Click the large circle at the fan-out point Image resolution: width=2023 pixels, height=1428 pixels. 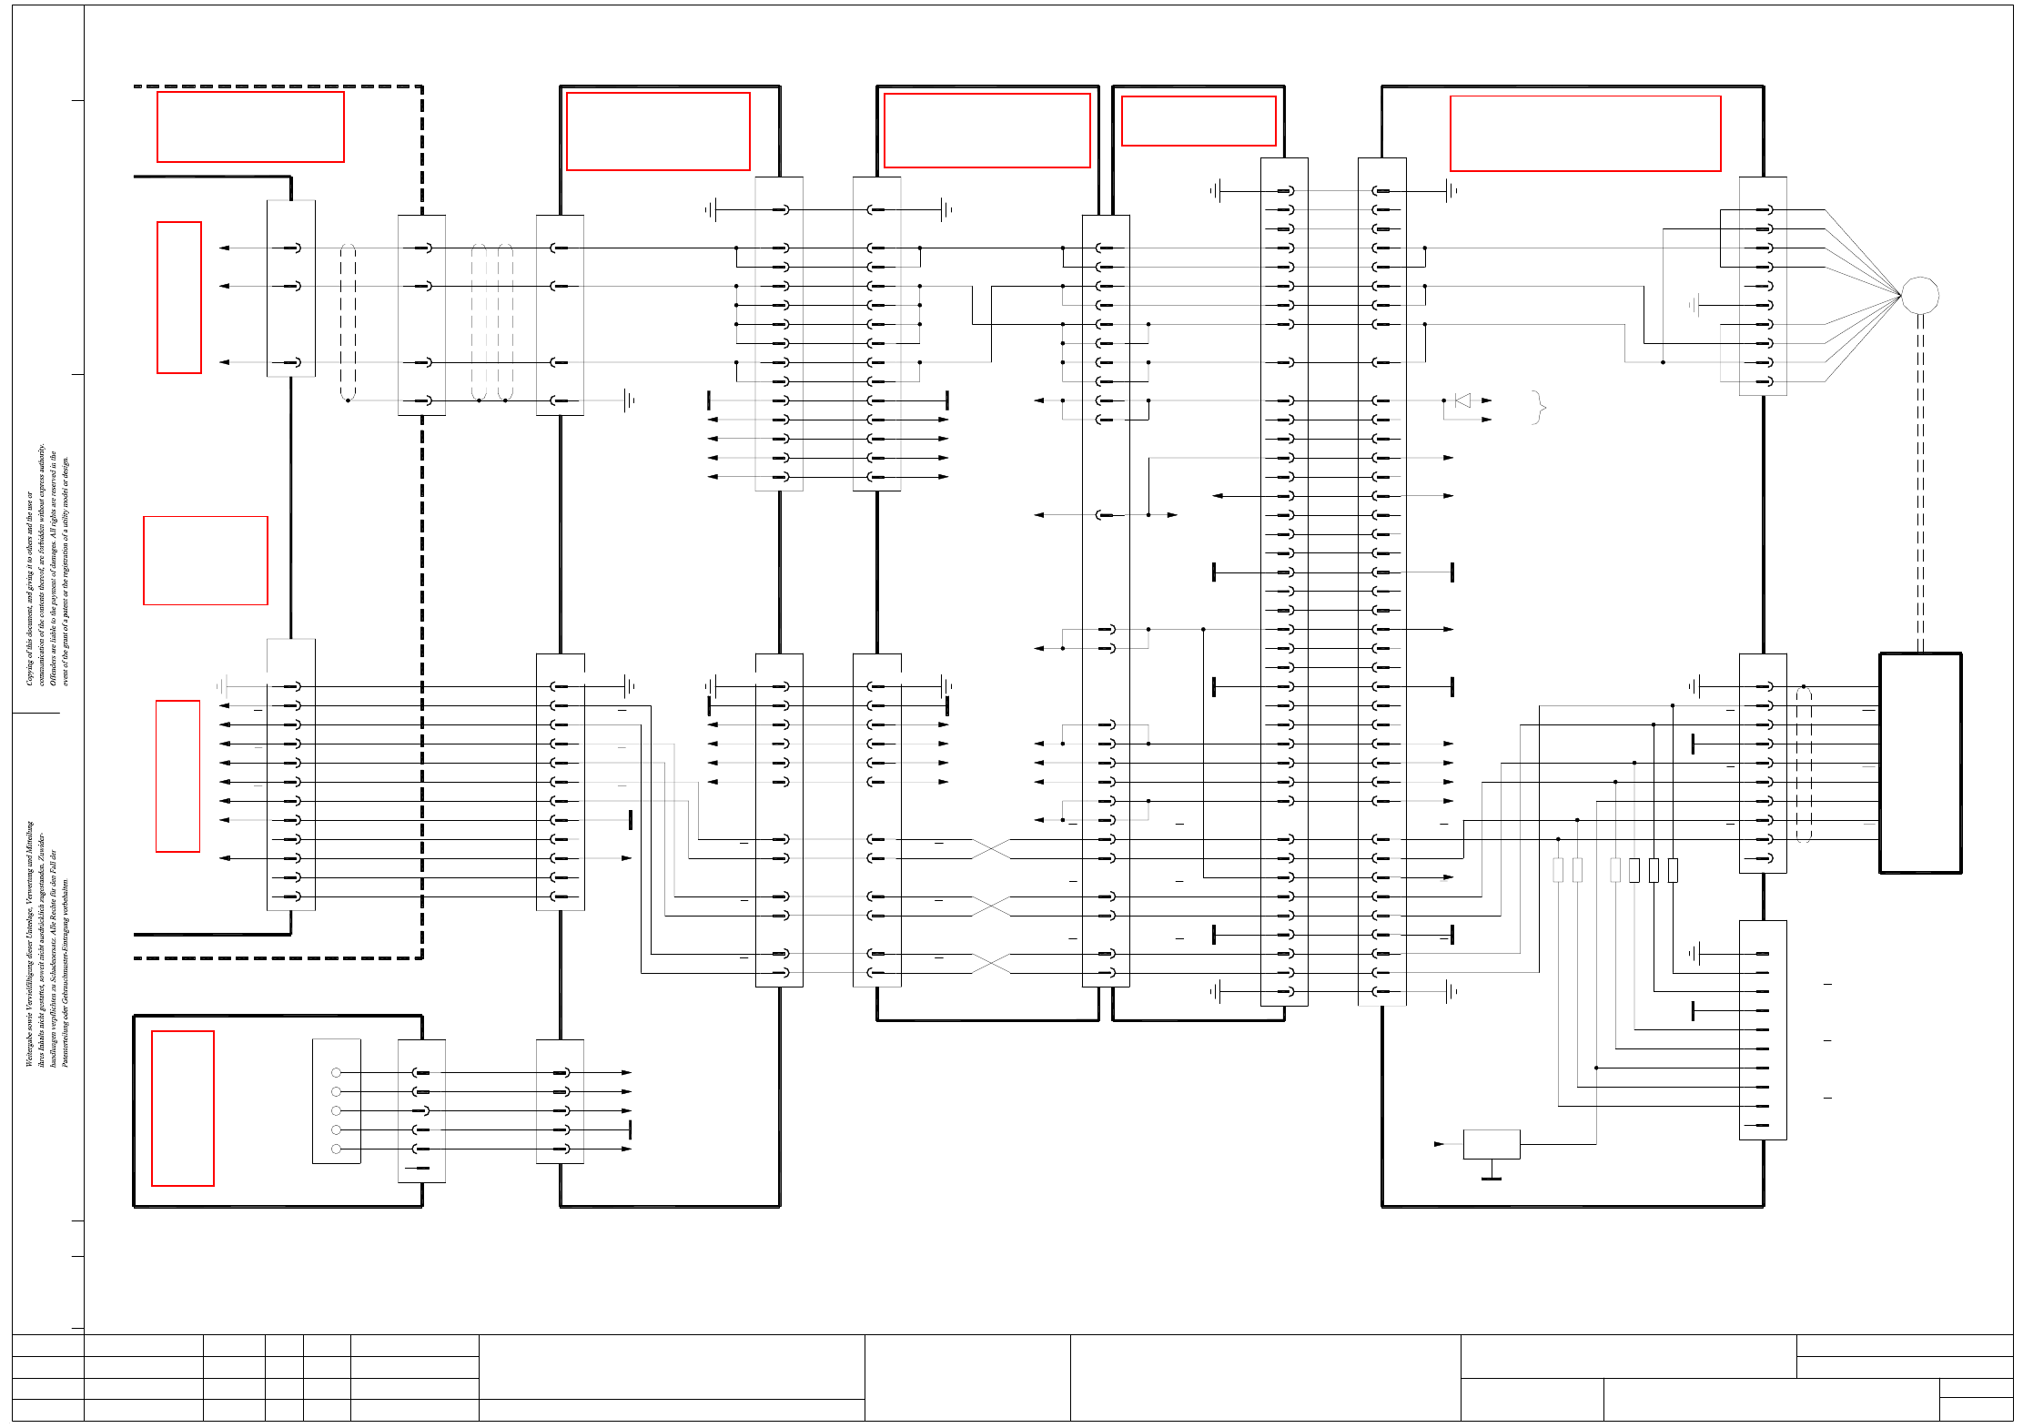pyautogui.click(x=1920, y=295)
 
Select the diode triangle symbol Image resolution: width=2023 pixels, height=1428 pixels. pyautogui.click(x=1462, y=400)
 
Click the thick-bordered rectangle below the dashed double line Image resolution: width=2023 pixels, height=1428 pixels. pyautogui.click(x=1920, y=763)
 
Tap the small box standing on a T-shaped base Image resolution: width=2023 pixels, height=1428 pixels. pyautogui.click(x=1492, y=1144)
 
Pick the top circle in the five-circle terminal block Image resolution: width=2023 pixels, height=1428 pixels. pyautogui.click(x=337, y=1073)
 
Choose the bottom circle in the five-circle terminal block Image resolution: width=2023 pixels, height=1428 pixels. pyautogui.click(x=337, y=1149)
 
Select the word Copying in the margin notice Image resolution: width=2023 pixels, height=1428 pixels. pyautogui.click(x=29, y=672)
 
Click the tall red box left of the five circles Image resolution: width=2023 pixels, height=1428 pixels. pyautogui.click(x=183, y=1109)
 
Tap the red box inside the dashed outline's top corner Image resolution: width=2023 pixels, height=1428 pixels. pyautogui.click(x=250, y=127)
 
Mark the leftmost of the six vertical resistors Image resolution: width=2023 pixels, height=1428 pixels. pyautogui.click(x=1558, y=870)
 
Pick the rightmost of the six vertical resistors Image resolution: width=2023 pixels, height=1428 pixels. pyautogui.click(x=1673, y=870)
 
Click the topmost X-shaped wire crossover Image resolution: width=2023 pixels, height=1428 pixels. pyautogui.click(x=991, y=849)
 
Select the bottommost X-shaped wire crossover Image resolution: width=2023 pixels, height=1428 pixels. pyautogui.click(x=991, y=964)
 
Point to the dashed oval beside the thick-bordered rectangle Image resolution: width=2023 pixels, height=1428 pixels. pyautogui.click(x=1804, y=765)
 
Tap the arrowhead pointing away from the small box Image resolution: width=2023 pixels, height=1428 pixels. pyautogui.click(x=1439, y=1144)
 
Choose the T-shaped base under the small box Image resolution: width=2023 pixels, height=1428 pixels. pyautogui.click(x=1492, y=1174)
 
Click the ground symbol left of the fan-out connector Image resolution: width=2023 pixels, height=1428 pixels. pyautogui.click(x=1694, y=305)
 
